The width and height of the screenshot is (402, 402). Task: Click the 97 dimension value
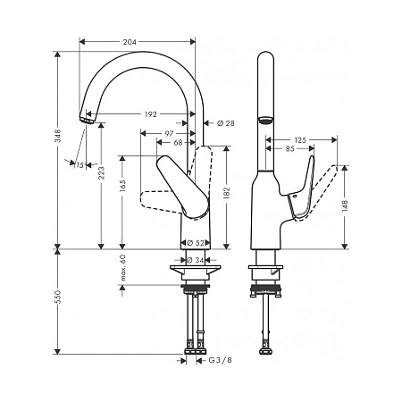click(170, 133)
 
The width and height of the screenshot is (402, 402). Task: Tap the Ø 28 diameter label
click(223, 122)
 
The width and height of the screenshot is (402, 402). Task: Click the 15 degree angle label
click(80, 165)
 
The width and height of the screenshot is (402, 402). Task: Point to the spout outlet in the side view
click(265, 120)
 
